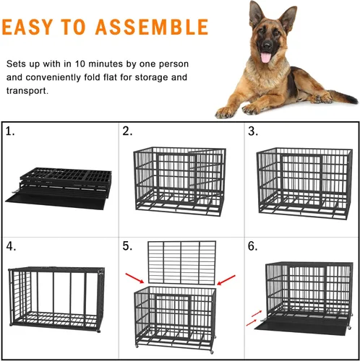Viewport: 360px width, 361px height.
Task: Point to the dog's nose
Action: (x=263, y=47)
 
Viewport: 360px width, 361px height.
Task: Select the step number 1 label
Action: (x=11, y=132)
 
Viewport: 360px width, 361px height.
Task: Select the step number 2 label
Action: (x=127, y=132)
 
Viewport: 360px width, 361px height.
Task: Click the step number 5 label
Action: (x=127, y=246)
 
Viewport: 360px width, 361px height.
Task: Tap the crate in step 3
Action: (x=304, y=180)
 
